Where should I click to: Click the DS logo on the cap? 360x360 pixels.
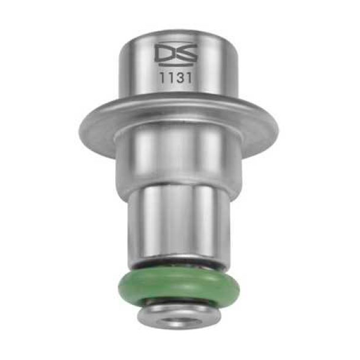176,54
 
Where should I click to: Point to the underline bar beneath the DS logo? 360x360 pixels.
176,65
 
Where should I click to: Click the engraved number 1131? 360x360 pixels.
176,78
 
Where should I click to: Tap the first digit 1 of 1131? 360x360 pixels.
162,78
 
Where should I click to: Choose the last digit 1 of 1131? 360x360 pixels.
189,78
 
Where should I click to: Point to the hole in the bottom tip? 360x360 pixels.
179,321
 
